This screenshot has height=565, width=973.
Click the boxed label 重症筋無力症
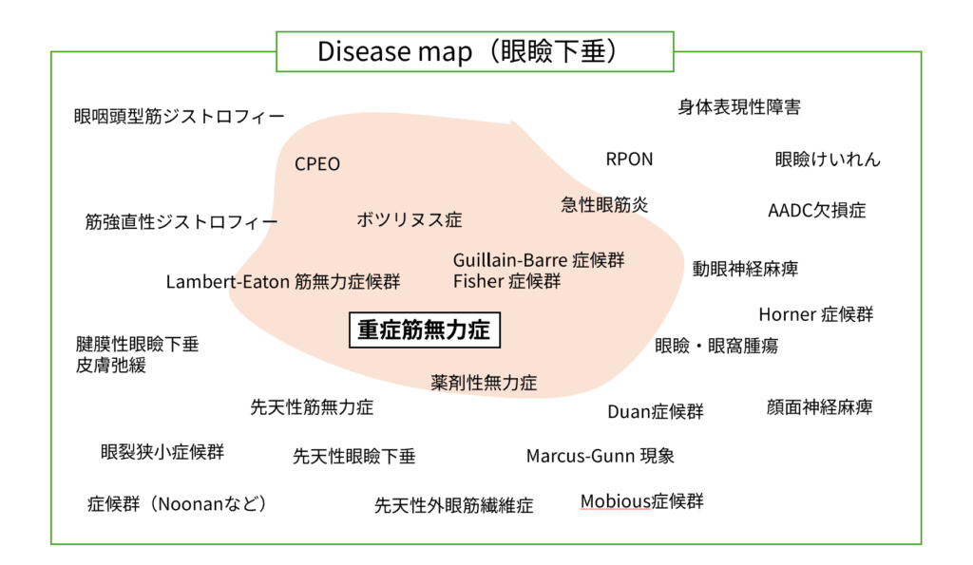click(x=424, y=330)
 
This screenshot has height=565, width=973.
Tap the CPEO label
click(x=316, y=164)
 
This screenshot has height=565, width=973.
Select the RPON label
click(x=629, y=160)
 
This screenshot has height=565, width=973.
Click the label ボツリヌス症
click(x=409, y=220)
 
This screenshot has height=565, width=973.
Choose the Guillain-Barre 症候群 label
click(x=539, y=260)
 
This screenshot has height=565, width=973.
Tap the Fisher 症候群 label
click(x=506, y=281)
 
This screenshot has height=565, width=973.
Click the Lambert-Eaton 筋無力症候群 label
click(x=283, y=282)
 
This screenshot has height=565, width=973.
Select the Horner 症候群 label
click(x=815, y=314)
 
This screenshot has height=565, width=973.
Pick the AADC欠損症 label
click(x=816, y=211)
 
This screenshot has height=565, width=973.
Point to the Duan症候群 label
click(x=656, y=412)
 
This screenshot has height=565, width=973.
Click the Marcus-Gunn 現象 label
click(x=601, y=456)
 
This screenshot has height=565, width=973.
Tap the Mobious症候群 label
click(x=642, y=501)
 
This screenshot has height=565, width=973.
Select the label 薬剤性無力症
click(x=484, y=383)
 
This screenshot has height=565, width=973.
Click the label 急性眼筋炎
click(x=604, y=204)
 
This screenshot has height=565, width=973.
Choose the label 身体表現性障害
click(x=738, y=107)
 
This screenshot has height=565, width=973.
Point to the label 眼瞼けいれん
click(x=828, y=160)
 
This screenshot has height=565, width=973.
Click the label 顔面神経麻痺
click(x=819, y=407)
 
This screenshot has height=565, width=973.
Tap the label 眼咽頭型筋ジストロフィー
click(x=180, y=117)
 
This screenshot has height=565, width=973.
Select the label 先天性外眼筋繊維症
click(x=454, y=505)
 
